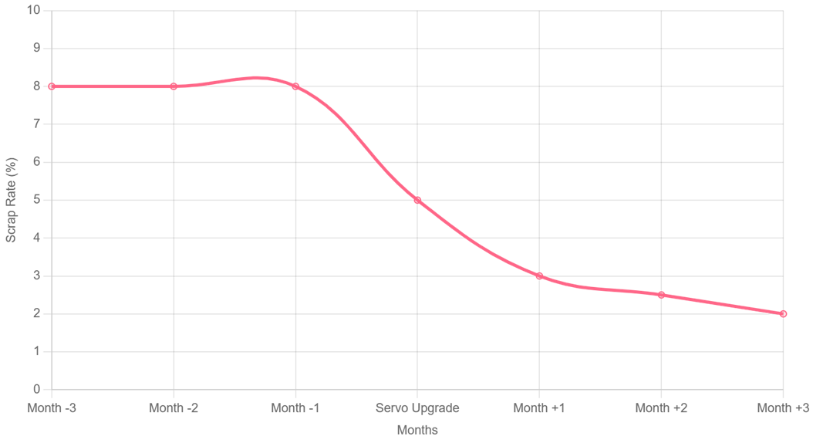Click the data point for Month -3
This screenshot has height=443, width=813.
pos(52,86)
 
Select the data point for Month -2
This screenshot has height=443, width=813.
pos(174,86)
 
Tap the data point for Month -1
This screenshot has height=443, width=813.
pos(295,86)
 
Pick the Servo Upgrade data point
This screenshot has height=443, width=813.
pos(417,200)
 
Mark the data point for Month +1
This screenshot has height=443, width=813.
pos(539,276)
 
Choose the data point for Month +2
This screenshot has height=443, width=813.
pos(661,295)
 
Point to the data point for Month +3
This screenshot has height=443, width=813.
pos(783,313)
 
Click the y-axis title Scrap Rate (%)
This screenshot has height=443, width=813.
pos(11,200)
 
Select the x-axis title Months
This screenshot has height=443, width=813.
pos(417,430)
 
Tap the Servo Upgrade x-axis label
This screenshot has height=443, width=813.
pos(417,408)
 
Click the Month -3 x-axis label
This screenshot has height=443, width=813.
pos(52,408)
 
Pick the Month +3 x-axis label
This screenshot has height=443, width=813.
pos(783,408)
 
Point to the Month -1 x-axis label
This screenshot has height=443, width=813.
pos(295,408)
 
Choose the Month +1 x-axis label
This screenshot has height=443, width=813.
pos(539,408)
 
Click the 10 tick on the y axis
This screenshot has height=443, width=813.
pos(33,10)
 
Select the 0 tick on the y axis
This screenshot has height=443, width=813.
pos(36,389)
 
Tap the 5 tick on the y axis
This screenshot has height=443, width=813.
pos(36,200)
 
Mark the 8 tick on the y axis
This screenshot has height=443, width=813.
pos(36,86)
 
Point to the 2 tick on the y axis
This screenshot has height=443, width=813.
pos(36,313)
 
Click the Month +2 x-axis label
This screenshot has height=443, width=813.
pos(661,408)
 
